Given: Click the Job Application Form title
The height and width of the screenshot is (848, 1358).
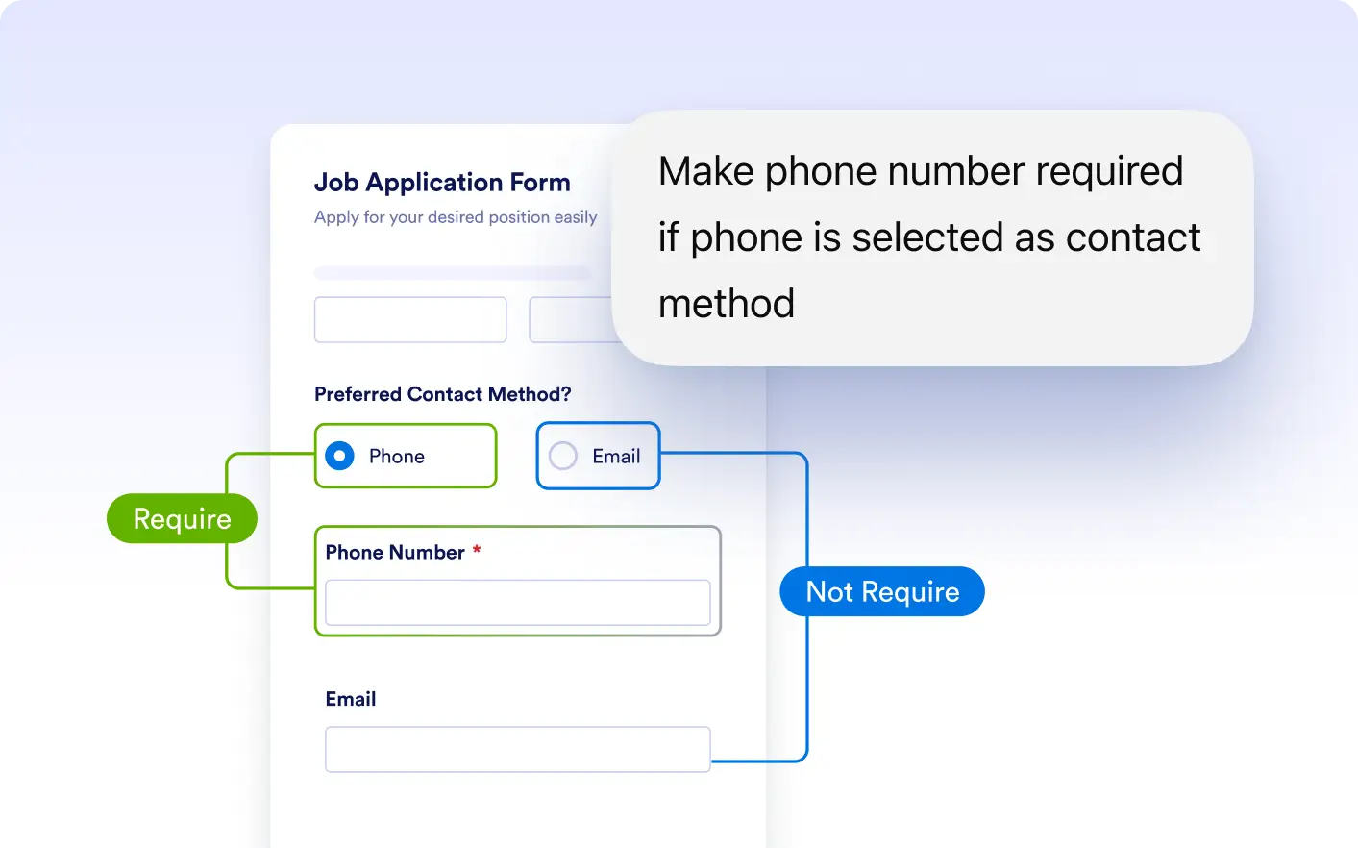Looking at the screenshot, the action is click(442, 183).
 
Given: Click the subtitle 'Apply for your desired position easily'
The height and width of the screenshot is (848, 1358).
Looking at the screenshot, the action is click(456, 217).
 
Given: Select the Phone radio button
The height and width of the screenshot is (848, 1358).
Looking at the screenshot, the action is click(339, 456).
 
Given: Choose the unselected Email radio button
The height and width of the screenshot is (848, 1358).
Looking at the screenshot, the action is click(562, 456).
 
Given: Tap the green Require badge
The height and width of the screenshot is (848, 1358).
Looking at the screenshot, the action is click(182, 518).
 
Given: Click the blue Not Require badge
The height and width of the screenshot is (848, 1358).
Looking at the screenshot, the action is click(882, 591).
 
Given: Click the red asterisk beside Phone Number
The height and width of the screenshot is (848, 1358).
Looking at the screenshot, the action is click(477, 550).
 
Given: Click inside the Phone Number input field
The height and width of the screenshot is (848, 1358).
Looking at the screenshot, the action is click(518, 602).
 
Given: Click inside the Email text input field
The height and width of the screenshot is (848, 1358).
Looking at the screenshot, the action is click(518, 749).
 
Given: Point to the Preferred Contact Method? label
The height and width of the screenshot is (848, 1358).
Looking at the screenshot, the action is click(442, 394).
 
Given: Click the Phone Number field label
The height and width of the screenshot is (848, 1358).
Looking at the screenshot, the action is click(395, 552).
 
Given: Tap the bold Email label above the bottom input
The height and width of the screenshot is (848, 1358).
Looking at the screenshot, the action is click(351, 699).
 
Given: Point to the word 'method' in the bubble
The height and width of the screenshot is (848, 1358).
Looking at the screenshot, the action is click(727, 303).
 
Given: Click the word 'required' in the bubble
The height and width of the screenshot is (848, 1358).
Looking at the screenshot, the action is click(1109, 172).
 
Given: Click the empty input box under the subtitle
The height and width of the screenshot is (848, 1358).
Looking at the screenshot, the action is click(410, 319).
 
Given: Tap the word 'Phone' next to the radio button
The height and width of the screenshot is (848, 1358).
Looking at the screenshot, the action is click(397, 456).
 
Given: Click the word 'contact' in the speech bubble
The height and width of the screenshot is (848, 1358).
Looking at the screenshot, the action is click(1133, 237).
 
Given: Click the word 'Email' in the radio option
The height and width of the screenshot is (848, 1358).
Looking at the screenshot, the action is click(616, 456).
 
